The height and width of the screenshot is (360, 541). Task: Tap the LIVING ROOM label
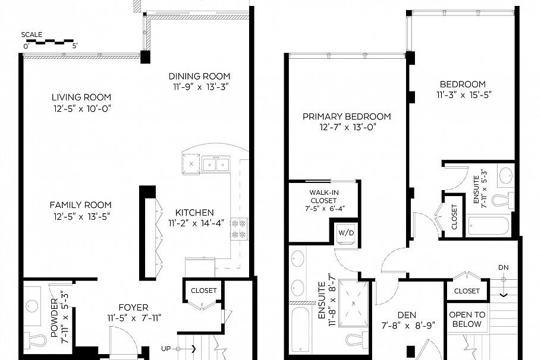[x=81, y=97]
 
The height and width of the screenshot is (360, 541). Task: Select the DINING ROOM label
[x=199, y=76]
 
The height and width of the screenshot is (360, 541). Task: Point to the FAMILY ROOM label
[x=80, y=204]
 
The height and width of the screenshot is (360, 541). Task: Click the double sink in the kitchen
[x=215, y=164]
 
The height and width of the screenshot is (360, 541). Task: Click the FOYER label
[x=134, y=307]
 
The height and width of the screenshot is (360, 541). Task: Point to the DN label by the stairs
[x=504, y=267]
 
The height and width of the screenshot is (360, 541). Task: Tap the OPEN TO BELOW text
[x=467, y=320]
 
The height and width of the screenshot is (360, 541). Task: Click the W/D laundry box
[x=346, y=232]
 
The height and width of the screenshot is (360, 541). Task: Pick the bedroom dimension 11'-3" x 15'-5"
[x=464, y=94]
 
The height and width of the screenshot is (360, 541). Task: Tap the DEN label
[x=407, y=314]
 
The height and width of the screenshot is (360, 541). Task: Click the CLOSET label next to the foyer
[x=203, y=290]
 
